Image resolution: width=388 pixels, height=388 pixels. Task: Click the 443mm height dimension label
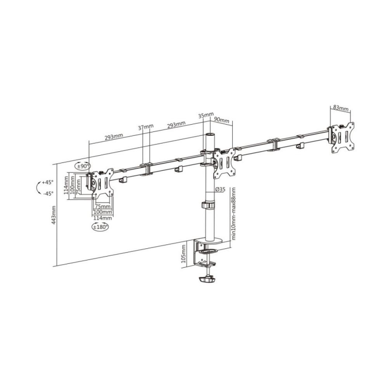pyautogui.click(x=54, y=215)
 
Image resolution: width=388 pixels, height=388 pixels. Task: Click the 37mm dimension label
pyautogui.click(x=145, y=127)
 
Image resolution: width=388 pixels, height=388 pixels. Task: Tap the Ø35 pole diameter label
pyautogui.click(x=220, y=189)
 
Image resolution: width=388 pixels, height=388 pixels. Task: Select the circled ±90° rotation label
pyautogui.click(x=83, y=166)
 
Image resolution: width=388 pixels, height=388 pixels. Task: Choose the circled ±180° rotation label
pyautogui.click(x=100, y=227)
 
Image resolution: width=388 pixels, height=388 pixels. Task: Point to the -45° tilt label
pyautogui.click(x=48, y=193)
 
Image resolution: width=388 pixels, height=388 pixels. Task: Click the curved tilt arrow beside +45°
pyautogui.click(x=38, y=187)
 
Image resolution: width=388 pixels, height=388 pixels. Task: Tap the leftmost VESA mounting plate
pyautogui.click(x=102, y=184)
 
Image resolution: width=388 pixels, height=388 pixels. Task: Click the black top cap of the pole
pyautogui.click(x=210, y=135)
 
